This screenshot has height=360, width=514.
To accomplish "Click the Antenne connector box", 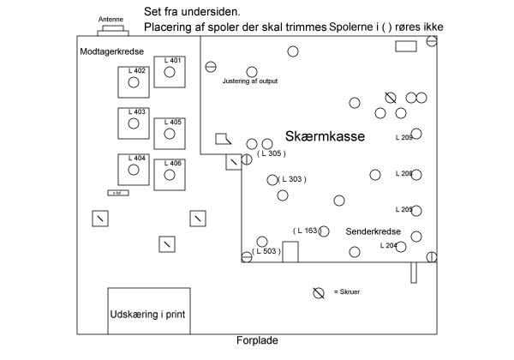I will click(111, 30).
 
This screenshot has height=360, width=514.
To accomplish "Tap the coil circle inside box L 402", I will click(134, 83).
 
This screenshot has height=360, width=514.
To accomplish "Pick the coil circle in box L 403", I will click(134, 124).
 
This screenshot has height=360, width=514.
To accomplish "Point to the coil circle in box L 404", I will click(134, 170).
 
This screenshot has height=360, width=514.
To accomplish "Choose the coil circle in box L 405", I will click(170, 135).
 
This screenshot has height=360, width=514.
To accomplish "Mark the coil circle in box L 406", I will click(170, 175).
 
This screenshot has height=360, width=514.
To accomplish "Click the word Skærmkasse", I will click(325, 136).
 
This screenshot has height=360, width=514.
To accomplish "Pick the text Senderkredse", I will click(374, 232).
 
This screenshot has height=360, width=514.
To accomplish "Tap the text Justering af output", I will click(249, 81).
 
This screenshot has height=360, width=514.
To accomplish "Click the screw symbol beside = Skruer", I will click(319, 292).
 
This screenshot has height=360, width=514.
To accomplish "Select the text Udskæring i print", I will click(148, 315).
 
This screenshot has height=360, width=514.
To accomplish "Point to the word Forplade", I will click(257, 340).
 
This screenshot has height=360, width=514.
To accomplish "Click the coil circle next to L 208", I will click(416, 174).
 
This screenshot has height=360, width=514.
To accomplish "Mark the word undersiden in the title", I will click(214, 10).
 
